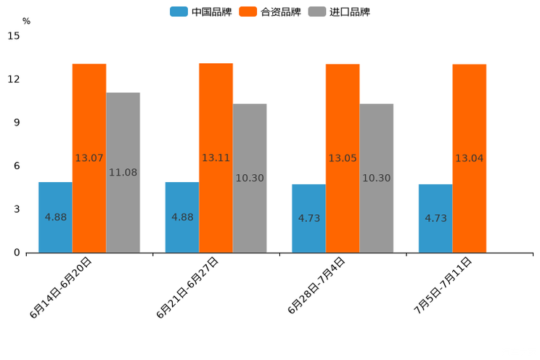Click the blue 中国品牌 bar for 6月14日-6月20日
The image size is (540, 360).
tap(55, 217)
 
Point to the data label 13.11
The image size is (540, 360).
tap(216, 158)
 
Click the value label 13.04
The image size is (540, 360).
tap(469, 158)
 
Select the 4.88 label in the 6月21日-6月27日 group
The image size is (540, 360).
tap(182, 217)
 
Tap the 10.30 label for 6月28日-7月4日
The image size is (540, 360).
tap(376, 178)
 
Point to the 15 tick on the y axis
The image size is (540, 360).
tap(14, 36)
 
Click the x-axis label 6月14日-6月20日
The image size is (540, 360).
tap(61, 287)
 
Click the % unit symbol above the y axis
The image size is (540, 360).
tap(26, 21)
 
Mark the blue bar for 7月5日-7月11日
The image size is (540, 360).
tap(435, 218)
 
